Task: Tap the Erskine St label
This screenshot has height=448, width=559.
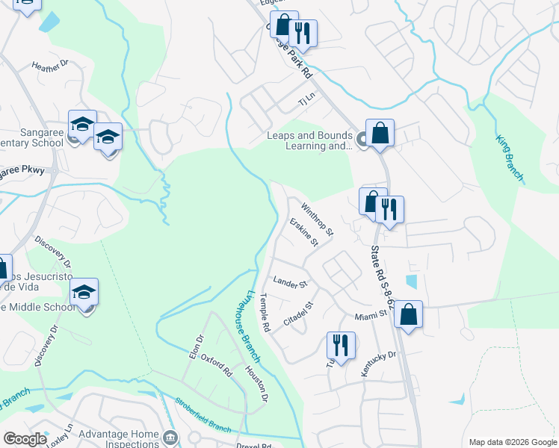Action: pos(304,232)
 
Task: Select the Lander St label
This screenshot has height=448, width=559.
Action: pos(291,283)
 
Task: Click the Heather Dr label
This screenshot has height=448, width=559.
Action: pos(50,66)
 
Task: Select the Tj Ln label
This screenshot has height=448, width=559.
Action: pos(307,99)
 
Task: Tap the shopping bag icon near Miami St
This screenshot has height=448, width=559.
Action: pos(409,314)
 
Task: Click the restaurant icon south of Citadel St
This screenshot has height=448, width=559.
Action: pos(340,345)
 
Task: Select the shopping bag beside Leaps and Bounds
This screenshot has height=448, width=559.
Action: pos(380,133)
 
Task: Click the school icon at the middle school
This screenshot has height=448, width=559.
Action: pos(84,292)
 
